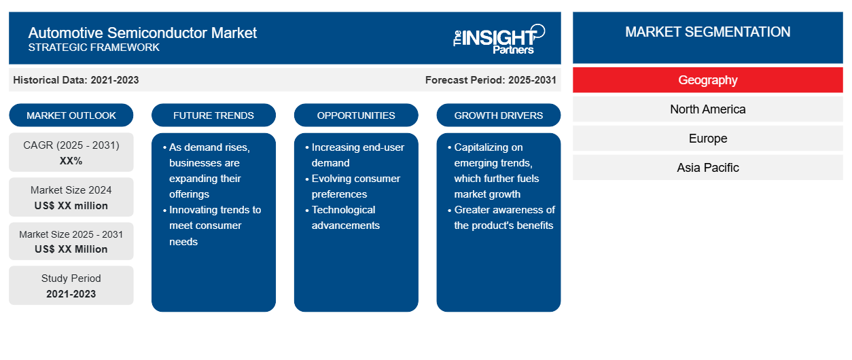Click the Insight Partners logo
499,39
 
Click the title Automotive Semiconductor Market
142,33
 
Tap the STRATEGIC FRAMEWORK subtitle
94,48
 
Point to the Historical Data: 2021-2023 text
76,80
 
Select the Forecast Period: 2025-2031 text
491,80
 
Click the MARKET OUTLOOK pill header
71,115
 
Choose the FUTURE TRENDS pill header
213,115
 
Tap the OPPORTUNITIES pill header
356,115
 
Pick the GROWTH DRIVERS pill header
498,115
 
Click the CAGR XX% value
71,161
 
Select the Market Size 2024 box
71,197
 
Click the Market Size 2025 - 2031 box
71,241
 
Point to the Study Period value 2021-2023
71,294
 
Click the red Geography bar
708,80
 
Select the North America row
708,109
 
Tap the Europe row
708,139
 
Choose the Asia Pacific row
708,167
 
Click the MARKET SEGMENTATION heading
708,32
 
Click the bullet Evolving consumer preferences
353,186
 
